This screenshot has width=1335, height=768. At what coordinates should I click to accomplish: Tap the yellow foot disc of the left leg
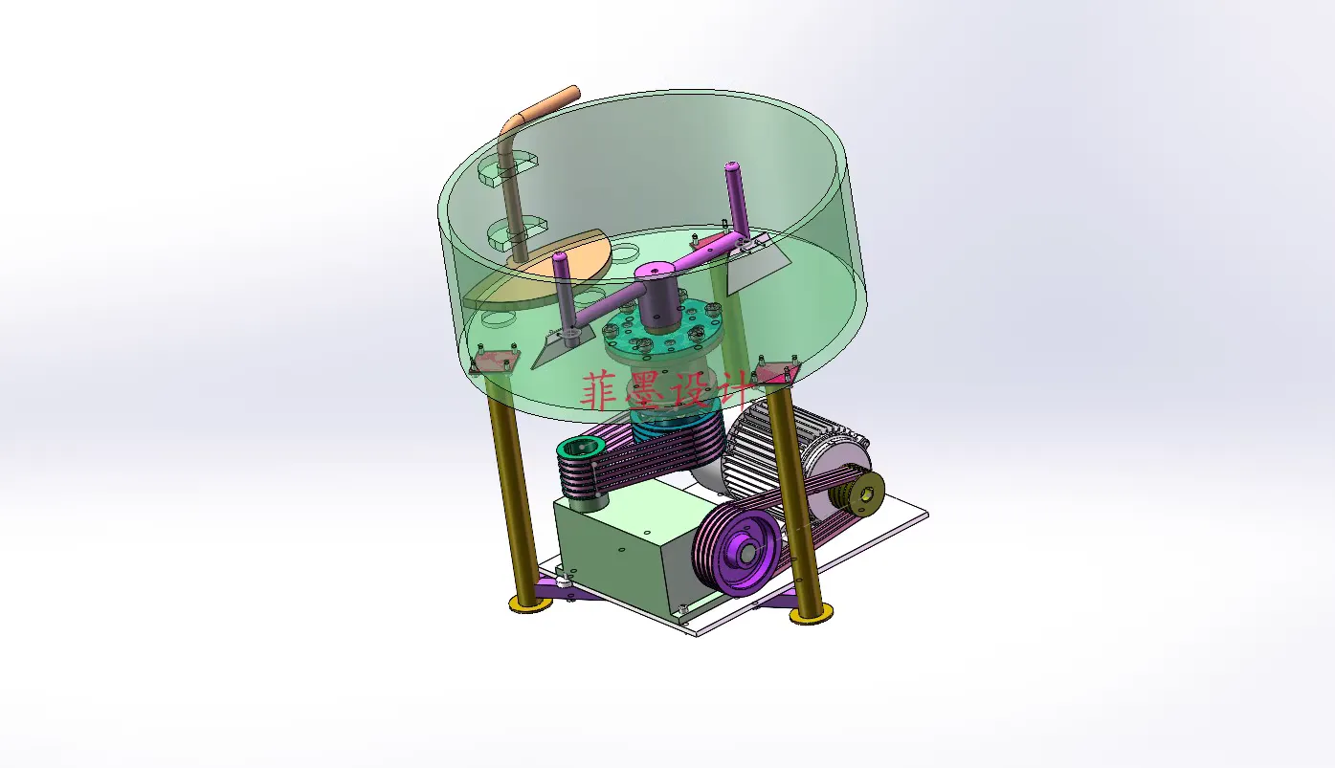530,603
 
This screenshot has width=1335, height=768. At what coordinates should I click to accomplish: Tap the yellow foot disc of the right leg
812,614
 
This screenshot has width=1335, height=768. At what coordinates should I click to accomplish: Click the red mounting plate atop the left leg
494,362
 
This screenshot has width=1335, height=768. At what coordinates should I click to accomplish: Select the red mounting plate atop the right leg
775,373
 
